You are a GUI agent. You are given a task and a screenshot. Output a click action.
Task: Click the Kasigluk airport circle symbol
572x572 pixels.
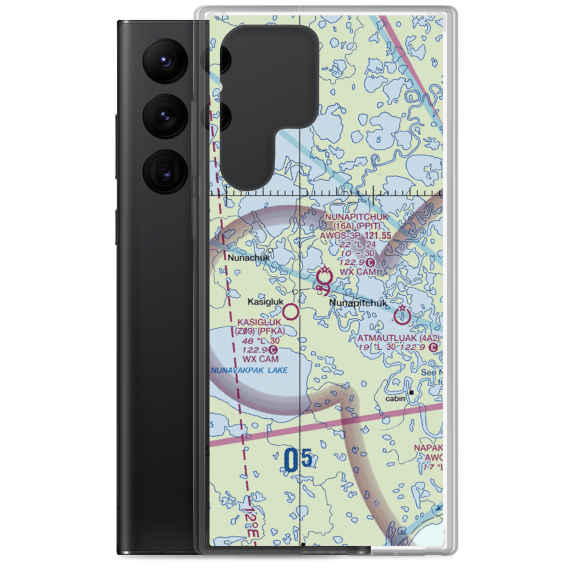(x=291, y=312)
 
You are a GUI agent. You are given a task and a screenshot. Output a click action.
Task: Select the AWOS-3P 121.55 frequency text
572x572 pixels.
(x=356, y=234)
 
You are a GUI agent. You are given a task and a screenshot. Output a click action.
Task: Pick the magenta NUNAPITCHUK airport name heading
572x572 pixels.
(x=356, y=217)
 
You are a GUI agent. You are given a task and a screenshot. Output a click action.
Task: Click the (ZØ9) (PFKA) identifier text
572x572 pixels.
(x=259, y=331)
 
